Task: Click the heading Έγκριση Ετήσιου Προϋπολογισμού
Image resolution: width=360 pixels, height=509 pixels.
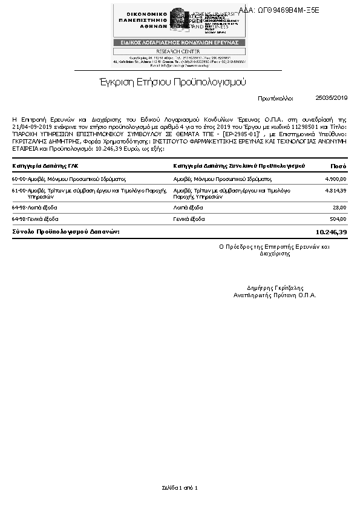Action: click(172, 82)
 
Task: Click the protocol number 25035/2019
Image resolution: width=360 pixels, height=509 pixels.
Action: click(332, 97)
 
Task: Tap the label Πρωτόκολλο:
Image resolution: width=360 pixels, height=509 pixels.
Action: click(275, 97)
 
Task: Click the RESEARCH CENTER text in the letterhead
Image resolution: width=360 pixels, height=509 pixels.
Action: click(179, 51)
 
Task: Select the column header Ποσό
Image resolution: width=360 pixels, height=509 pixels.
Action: click(338, 165)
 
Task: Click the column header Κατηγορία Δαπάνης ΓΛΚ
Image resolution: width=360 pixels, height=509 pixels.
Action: click(45, 165)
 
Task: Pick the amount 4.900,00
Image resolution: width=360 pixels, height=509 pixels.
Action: click(335, 179)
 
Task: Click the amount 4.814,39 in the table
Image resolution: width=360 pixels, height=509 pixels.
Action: click(335, 191)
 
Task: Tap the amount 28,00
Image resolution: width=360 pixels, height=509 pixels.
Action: click(339, 208)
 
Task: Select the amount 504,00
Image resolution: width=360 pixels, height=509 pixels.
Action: click(337, 219)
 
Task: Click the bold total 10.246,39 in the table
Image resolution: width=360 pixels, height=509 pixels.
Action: click(331, 232)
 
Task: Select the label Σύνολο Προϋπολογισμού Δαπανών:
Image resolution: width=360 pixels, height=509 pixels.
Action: click(66, 232)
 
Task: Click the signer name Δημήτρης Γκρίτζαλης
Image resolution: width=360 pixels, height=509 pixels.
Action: click(275, 288)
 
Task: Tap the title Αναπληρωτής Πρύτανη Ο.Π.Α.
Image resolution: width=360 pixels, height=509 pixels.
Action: click(275, 295)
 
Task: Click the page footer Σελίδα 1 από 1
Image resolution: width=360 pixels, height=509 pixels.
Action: click(180, 487)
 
